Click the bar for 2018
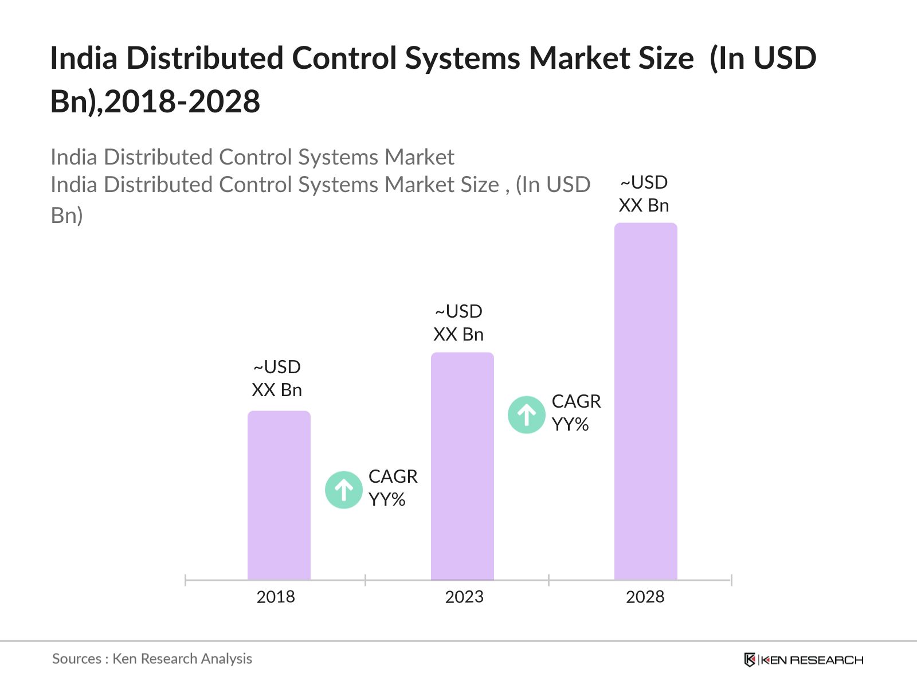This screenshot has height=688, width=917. (x=279, y=496)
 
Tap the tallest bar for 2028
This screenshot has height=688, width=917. (x=646, y=401)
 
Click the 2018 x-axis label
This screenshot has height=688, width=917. (x=276, y=597)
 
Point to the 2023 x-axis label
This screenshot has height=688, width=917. (x=464, y=597)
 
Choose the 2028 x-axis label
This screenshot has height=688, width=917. (x=645, y=597)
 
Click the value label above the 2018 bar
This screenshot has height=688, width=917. (x=277, y=378)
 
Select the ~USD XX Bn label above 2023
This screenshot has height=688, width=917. (x=458, y=323)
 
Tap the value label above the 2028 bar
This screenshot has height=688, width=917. (x=644, y=194)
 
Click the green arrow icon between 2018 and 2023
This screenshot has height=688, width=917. (x=344, y=490)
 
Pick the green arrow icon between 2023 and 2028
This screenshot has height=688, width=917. (x=527, y=415)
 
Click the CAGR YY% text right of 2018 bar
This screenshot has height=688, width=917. (x=393, y=488)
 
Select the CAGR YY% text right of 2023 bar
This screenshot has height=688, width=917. (x=576, y=413)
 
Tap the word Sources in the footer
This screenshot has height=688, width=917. (x=77, y=659)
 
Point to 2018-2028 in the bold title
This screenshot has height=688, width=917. (x=182, y=102)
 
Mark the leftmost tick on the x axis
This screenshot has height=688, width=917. (x=186, y=580)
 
